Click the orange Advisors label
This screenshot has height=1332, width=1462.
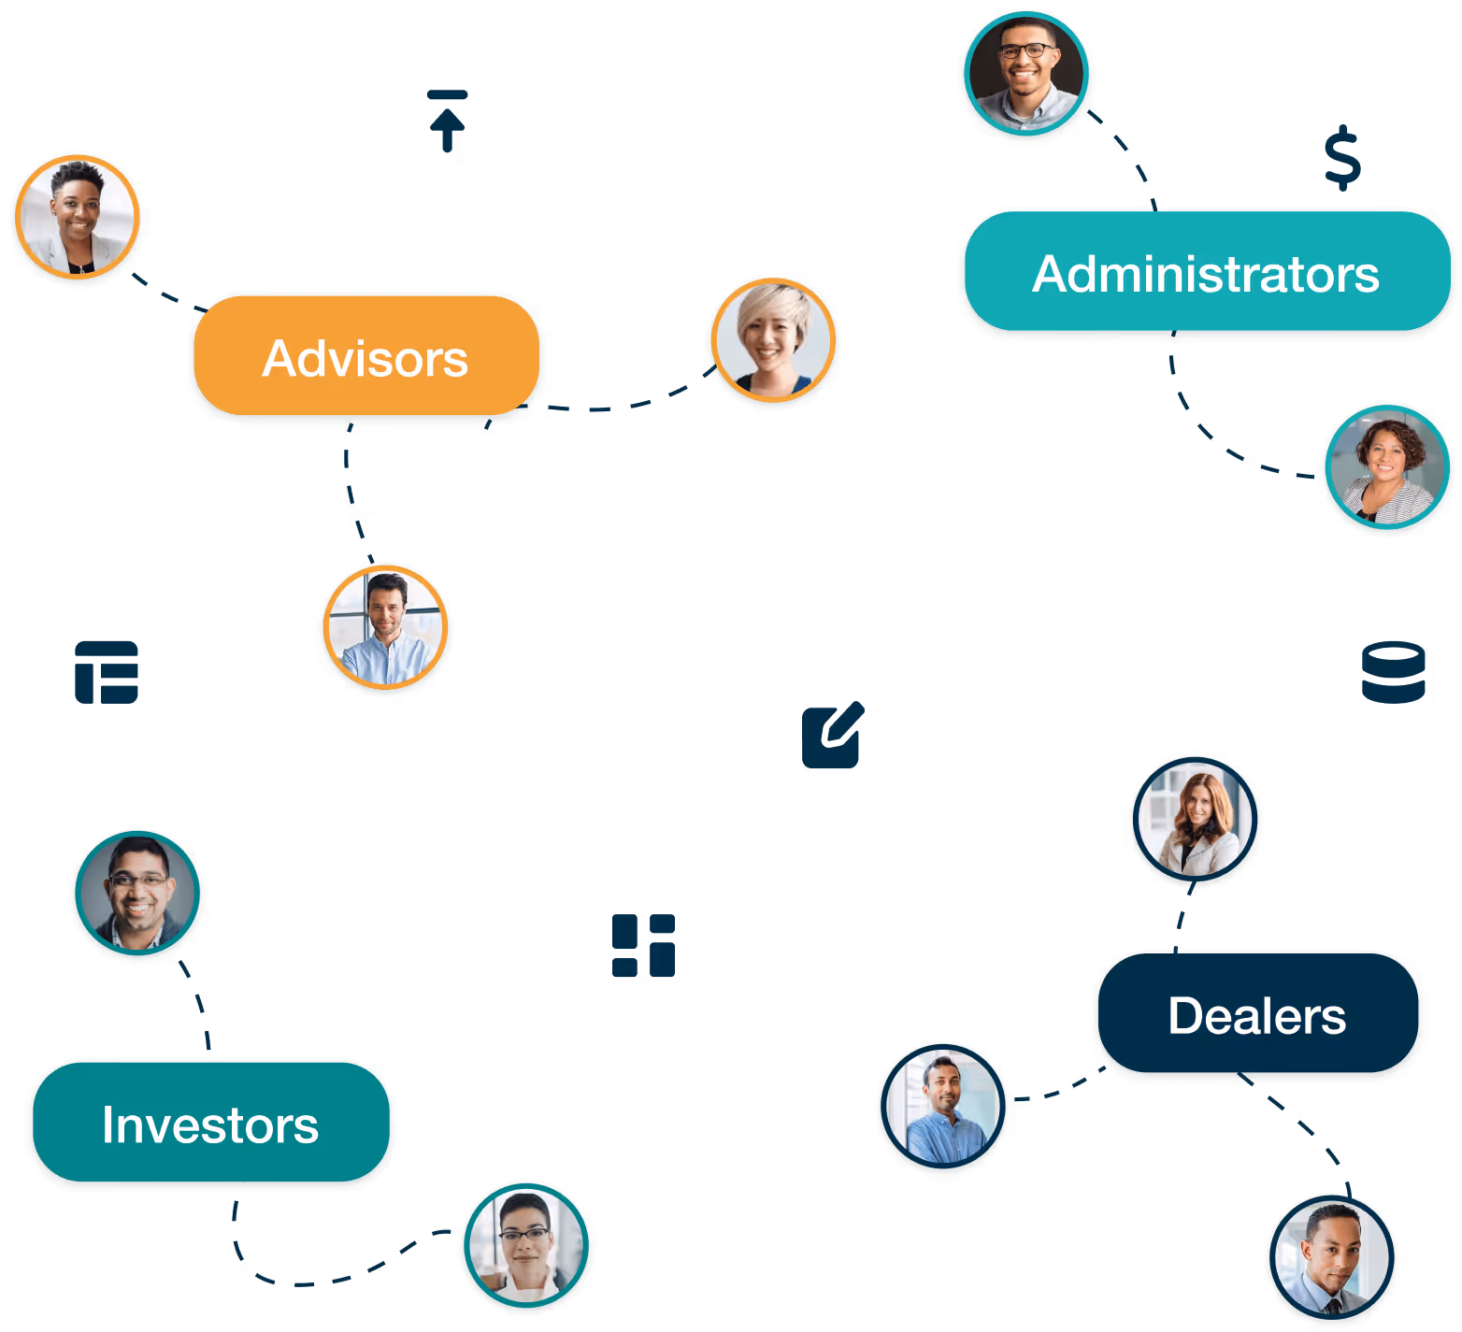coord(365,358)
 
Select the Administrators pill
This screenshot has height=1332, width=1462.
coord(1206,273)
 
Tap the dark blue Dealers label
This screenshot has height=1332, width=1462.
coord(1257,1015)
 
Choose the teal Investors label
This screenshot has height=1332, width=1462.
coord(211,1124)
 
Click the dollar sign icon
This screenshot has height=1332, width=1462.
coord(1342,157)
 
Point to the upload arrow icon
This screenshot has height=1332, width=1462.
coord(448,121)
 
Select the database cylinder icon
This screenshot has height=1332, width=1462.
coord(1393,671)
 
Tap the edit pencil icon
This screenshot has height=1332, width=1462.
coord(832,736)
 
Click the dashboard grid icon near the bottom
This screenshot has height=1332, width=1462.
coord(643,945)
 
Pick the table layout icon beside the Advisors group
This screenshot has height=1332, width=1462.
coord(107,672)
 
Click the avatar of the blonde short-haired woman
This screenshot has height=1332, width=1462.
coord(773,340)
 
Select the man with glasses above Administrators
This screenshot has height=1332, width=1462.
coord(1026,74)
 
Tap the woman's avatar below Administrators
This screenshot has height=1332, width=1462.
coord(1387,467)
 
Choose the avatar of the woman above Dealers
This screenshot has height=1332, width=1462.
coord(1195,820)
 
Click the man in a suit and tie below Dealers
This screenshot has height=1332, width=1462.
coord(1331,1256)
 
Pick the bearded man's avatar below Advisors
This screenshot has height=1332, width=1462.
coord(385,627)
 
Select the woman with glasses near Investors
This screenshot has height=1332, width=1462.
coord(526,1247)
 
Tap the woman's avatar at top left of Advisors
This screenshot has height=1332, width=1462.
coord(78,217)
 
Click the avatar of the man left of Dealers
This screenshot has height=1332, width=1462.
coord(943,1107)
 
